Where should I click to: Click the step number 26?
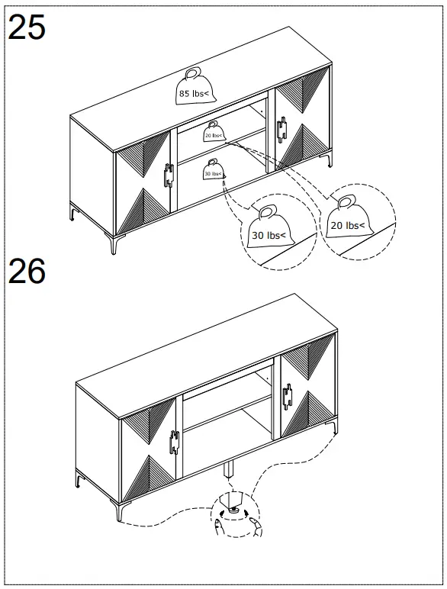click(27, 272)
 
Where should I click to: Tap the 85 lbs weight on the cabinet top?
click(195, 87)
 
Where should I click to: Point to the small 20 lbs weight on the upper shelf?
click(214, 131)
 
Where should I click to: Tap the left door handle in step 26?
click(174, 442)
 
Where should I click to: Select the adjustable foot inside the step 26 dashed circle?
click(230, 507)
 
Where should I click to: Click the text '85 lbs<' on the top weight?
click(195, 94)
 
